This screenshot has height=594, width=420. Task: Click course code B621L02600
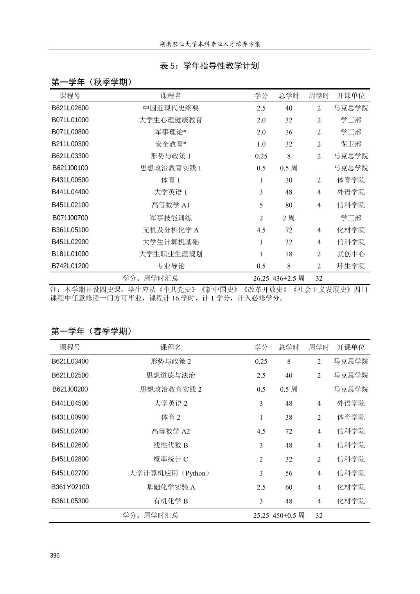tap(70, 108)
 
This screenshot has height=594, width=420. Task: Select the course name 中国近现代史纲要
tap(171, 108)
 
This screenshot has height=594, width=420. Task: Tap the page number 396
tap(55, 555)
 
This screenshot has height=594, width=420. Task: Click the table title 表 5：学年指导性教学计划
tap(210, 66)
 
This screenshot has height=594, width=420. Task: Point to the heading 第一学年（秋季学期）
tap(92, 82)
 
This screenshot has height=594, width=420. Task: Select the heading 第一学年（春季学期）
tap(92, 331)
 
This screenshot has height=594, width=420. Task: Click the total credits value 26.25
tap(261, 278)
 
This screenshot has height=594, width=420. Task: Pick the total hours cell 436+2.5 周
tap(289, 278)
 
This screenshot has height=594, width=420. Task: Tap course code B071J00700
tap(70, 218)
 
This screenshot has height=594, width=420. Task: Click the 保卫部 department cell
tap(351, 144)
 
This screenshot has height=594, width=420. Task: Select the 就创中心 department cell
tap(351, 254)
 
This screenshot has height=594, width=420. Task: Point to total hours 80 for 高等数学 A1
tap(289, 205)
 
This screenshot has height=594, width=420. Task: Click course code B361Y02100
tap(70, 487)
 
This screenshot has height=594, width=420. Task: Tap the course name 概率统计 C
tap(171, 459)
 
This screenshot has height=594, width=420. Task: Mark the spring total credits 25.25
tap(261, 515)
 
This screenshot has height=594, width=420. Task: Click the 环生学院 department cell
tap(351, 266)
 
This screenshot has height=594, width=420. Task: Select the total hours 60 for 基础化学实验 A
tap(289, 487)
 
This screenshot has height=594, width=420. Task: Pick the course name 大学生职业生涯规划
tap(171, 254)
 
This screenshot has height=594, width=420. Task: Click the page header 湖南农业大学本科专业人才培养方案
tap(210, 44)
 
